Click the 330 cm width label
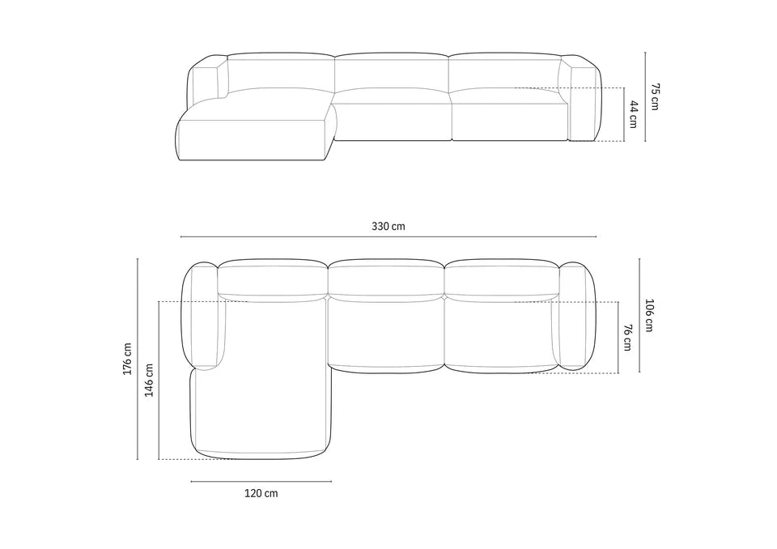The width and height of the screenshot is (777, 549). click(388, 227)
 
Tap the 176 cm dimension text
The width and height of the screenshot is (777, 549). click(128, 359)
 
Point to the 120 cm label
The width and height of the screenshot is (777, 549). click(261, 493)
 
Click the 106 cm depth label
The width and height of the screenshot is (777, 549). click(649, 316)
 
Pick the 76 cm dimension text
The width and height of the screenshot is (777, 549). click(627, 338)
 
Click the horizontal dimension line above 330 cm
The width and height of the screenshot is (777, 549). click(388, 237)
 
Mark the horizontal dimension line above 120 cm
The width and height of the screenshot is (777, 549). click(261, 482)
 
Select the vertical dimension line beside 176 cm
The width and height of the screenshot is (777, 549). click(138, 359)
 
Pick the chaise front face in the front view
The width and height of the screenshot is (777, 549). click(251, 142)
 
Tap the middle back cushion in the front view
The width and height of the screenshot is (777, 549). click(391, 74)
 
